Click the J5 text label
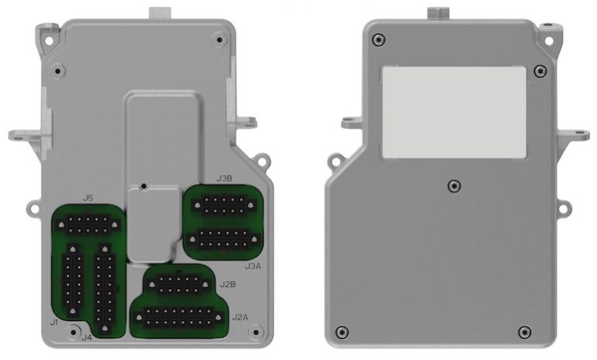(88, 199)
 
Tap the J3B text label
(224, 178)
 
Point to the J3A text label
(253, 266)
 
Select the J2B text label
(229, 284)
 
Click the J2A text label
(240, 317)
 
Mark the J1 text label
(54, 321)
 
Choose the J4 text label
(86, 337)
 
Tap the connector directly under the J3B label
(223, 205)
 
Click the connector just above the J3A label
(223, 239)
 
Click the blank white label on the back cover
(454, 112)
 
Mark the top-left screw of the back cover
(379, 40)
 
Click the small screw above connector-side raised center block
(145, 187)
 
